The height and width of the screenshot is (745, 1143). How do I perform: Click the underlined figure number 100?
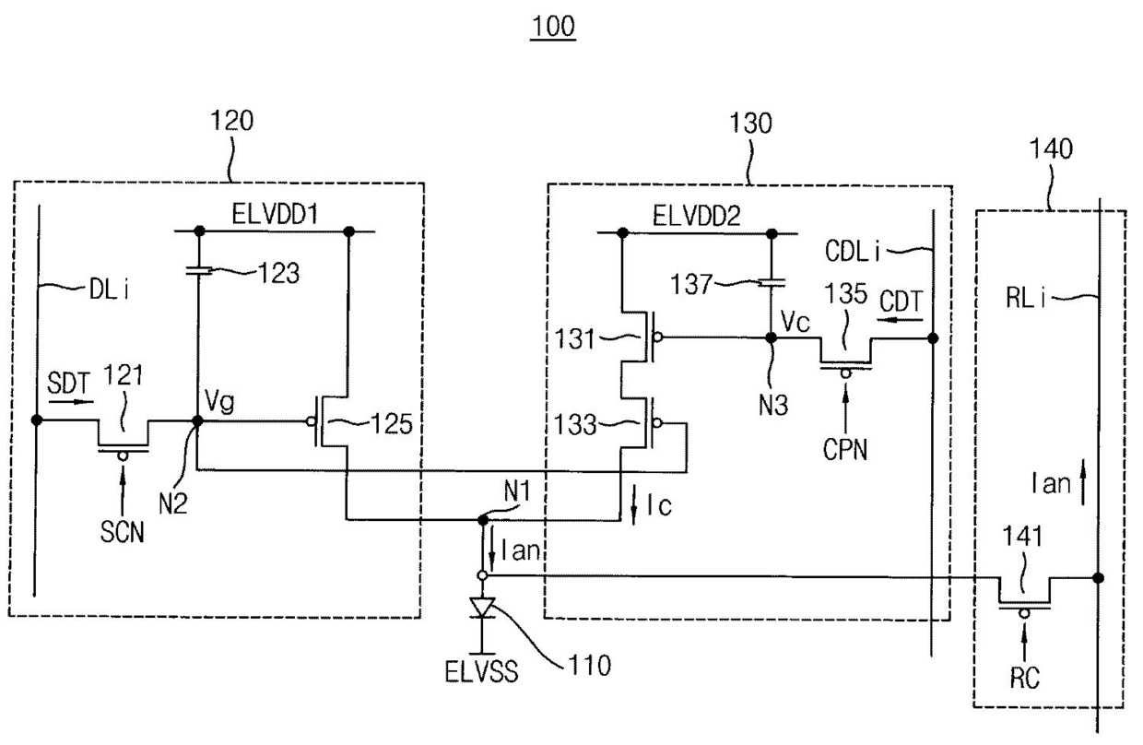click(553, 26)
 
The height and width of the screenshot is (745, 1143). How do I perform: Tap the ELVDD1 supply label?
click(275, 214)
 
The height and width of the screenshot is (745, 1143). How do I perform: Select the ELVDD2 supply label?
click(697, 217)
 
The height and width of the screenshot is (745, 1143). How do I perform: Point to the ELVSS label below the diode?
click(481, 671)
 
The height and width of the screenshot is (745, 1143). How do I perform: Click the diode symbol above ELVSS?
click(482, 609)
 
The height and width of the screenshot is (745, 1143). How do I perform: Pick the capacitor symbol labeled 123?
click(198, 271)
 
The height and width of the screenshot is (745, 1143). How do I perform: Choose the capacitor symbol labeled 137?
click(772, 281)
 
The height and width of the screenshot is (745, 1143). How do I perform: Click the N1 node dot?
click(482, 520)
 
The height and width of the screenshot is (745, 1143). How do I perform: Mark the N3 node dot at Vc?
click(772, 337)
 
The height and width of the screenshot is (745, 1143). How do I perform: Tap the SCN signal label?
click(122, 533)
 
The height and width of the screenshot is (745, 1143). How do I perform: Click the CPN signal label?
click(845, 450)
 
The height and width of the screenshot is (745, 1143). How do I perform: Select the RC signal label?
click(1025, 679)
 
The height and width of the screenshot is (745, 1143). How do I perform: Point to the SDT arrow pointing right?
click(71, 402)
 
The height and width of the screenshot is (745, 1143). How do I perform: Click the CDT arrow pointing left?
click(900, 320)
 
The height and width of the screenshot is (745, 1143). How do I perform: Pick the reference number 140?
click(1051, 149)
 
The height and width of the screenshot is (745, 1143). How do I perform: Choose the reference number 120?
click(231, 121)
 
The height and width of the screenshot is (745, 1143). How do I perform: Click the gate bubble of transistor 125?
click(311, 421)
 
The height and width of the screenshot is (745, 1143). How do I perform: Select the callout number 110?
click(589, 666)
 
